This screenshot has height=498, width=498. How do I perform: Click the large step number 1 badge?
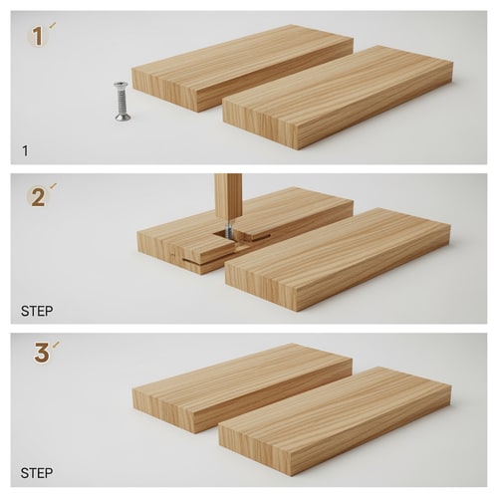pyautogui.click(x=38, y=37)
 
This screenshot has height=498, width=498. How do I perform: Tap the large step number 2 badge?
pyautogui.click(x=38, y=196)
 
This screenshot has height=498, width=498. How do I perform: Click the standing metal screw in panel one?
pyautogui.click(x=122, y=102)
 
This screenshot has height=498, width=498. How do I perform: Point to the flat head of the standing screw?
pyautogui.click(x=122, y=86)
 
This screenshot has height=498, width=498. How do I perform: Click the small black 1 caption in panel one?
pyautogui.click(x=25, y=150)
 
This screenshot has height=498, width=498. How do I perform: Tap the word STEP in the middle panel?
pyautogui.click(x=37, y=311)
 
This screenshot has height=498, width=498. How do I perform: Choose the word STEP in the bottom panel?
pyautogui.click(x=37, y=473)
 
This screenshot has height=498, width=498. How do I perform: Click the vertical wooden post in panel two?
pyautogui.click(x=228, y=196)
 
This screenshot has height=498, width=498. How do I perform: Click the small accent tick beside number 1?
pyautogui.click(x=52, y=25)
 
